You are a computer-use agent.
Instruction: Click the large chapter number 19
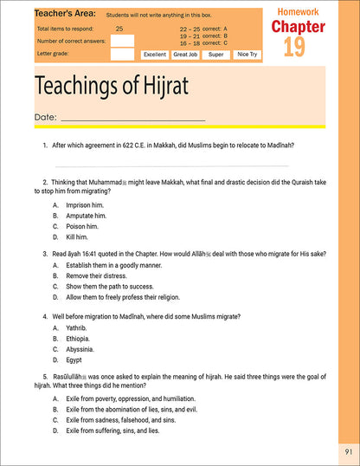click(293, 46)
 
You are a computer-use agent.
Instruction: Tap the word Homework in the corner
click(299, 11)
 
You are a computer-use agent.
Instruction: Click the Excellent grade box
click(155, 54)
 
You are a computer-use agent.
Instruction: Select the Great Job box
click(185, 54)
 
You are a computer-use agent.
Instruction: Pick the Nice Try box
click(247, 54)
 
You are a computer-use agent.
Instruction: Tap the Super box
click(216, 54)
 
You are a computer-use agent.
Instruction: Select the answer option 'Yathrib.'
click(78, 327)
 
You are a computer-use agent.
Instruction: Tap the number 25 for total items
click(119, 29)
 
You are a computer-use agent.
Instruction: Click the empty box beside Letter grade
click(122, 54)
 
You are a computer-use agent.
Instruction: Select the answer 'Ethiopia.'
click(79, 338)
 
